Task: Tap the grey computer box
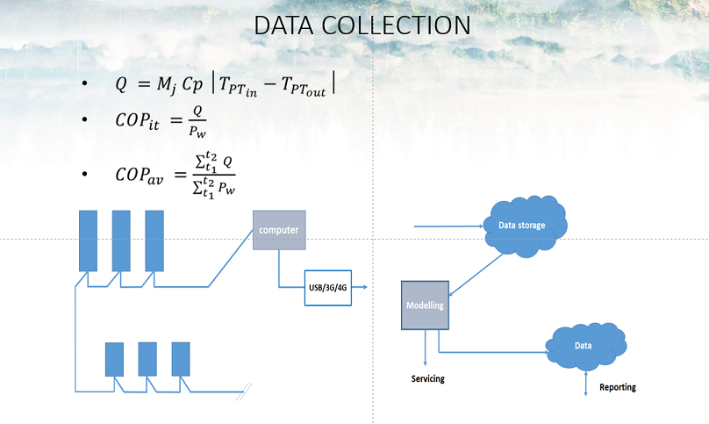tap(279, 230)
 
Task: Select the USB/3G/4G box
tap(327, 287)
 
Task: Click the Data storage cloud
tap(523, 226)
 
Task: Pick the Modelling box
tap(425, 305)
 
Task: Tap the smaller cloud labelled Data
tap(584, 346)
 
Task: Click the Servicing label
tap(428, 379)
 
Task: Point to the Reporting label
tap(618, 387)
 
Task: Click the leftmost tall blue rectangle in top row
tap(88, 241)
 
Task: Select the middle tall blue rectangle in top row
tap(121, 241)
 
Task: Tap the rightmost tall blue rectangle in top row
tap(154, 241)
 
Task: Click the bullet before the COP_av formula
tap(84, 174)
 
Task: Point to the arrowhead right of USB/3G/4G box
tap(362, 287)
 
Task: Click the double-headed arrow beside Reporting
tap(586, 382)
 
